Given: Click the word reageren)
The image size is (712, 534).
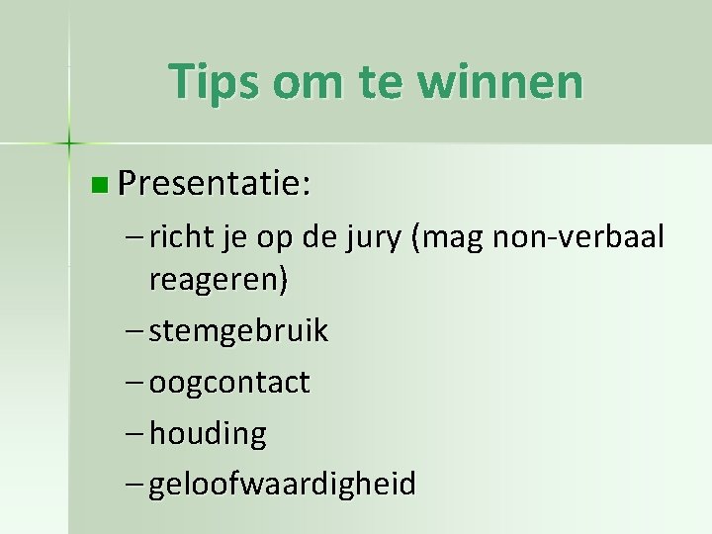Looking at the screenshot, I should (219, 281).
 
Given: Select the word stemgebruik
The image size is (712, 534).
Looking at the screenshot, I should (238, 331).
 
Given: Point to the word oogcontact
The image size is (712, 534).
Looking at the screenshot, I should (229, 383).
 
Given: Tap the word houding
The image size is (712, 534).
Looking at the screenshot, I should (208, 434).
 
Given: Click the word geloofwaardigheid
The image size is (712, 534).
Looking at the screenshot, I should (283, 485).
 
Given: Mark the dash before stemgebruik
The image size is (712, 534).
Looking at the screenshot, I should (135, 331).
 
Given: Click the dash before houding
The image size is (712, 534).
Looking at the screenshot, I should (135, 433).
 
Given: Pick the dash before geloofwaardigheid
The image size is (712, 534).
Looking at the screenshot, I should (135, 485).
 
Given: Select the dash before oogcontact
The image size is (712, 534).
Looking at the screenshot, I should (135, 382).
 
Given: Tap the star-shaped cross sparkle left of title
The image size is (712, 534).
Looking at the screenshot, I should (69, 142).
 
